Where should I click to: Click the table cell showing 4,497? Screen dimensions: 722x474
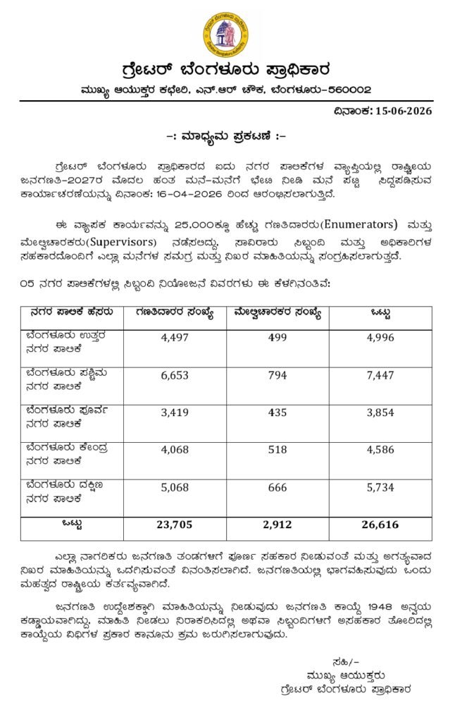click(175, 338)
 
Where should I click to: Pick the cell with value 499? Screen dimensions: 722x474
click(277, 338)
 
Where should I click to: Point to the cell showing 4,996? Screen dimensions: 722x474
click(381, 338)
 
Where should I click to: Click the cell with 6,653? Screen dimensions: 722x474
click(175, 376)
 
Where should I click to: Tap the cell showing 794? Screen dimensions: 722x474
click(277, 376)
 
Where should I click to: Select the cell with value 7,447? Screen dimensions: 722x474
click(381, 376)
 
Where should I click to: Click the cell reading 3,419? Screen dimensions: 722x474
click(175, 413)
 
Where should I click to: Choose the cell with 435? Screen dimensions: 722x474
click(277, 413)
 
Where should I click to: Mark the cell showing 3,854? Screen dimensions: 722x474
click(381, 413)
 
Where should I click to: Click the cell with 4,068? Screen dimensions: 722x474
click(175, 451)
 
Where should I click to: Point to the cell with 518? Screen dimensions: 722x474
click(277, 451)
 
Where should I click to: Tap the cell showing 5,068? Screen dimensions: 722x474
click(175, 488)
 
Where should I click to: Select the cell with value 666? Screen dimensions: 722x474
click(277, 488)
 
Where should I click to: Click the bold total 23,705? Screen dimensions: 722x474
click(175, 525)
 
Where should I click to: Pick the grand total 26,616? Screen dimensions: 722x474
click(381, 525)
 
